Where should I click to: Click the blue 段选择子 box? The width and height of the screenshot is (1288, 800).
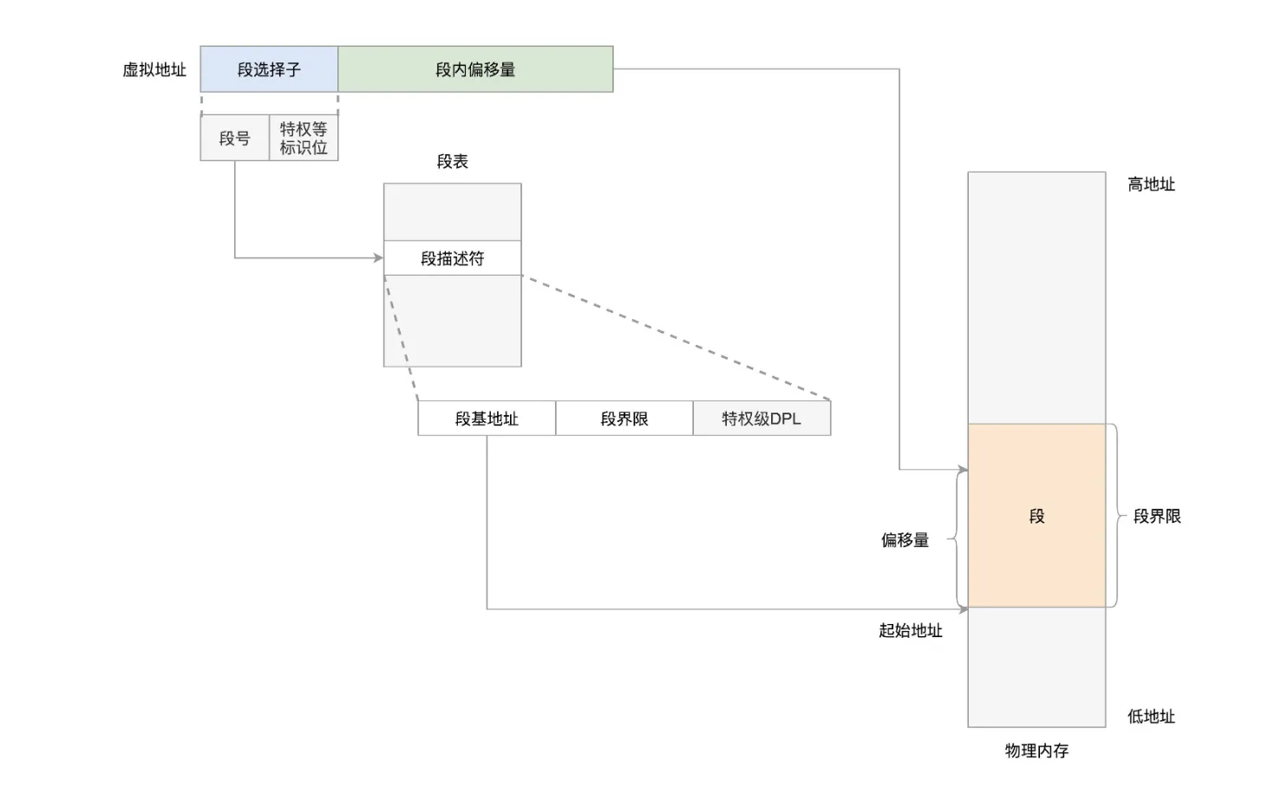[x=269, y=69]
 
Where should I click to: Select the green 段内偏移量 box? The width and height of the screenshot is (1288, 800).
[x=475, y=69]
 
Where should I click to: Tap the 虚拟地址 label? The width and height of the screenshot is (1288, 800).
[x=154, y=70]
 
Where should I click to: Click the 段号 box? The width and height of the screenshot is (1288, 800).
[x=234, y=138]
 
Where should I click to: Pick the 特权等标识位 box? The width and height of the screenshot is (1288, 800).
[x=304, y=138]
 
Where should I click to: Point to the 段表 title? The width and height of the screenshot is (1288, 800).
[x=452, y=161]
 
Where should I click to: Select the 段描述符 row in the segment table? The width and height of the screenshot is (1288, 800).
[x=452, y=258]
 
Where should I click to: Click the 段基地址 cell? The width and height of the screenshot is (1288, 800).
[x=487, y=419]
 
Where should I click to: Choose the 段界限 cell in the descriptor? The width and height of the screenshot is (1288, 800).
[x=624, y=419]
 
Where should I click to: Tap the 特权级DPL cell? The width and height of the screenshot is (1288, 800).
[x=762, y=419]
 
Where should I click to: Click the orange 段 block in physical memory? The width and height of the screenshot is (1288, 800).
[x=1036, y=516]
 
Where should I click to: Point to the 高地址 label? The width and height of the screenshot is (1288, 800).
[x=1151, y=184]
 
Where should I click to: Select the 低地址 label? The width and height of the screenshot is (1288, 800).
[x=1151, y=716]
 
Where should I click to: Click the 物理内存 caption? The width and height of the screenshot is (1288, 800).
[x=1036, y=751]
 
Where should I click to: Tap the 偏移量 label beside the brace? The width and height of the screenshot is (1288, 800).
[x=905, y=540]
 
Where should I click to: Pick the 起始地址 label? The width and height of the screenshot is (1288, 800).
[x=910, y=630]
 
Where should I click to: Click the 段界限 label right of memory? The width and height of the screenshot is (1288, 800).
[x=1157, y=516]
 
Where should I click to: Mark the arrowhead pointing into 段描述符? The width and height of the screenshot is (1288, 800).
[x=378, y=257]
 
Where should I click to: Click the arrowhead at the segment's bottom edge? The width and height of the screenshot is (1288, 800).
[x=963, y=609]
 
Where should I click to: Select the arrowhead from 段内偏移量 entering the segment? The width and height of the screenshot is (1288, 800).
[x=963, y=470]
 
